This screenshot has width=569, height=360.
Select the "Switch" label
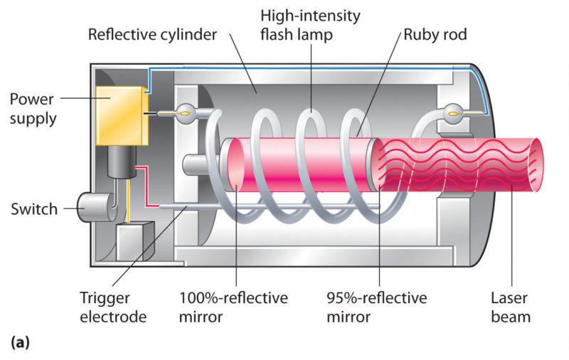34,210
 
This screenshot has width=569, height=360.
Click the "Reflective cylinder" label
152,35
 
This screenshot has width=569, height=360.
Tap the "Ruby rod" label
433,35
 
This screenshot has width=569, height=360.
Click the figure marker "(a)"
19,343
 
